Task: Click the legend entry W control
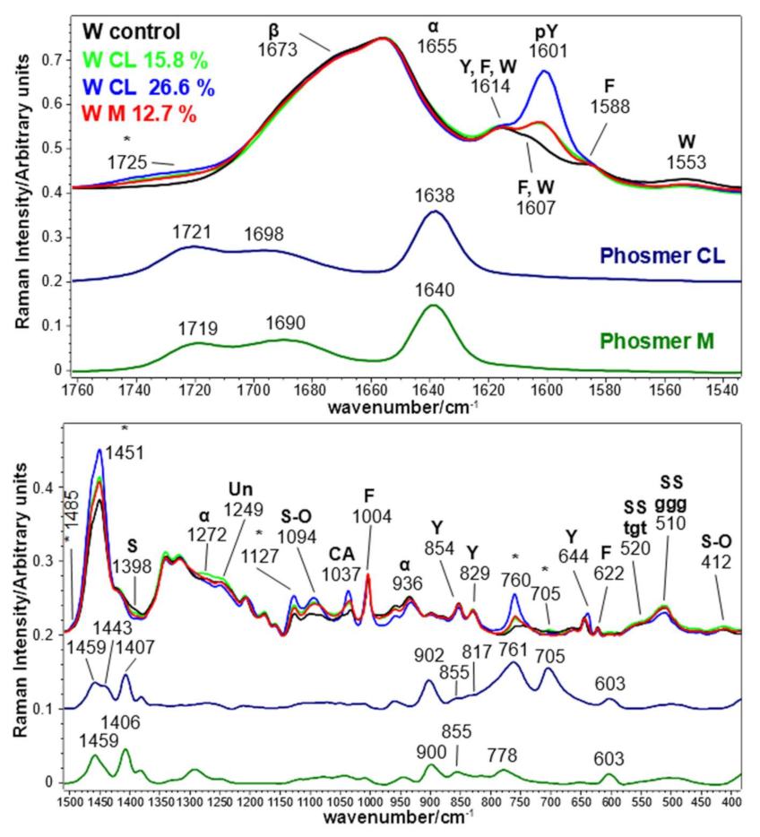click(137, 32)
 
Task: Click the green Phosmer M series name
click(663, 341)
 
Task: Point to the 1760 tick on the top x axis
click(78, 392)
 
